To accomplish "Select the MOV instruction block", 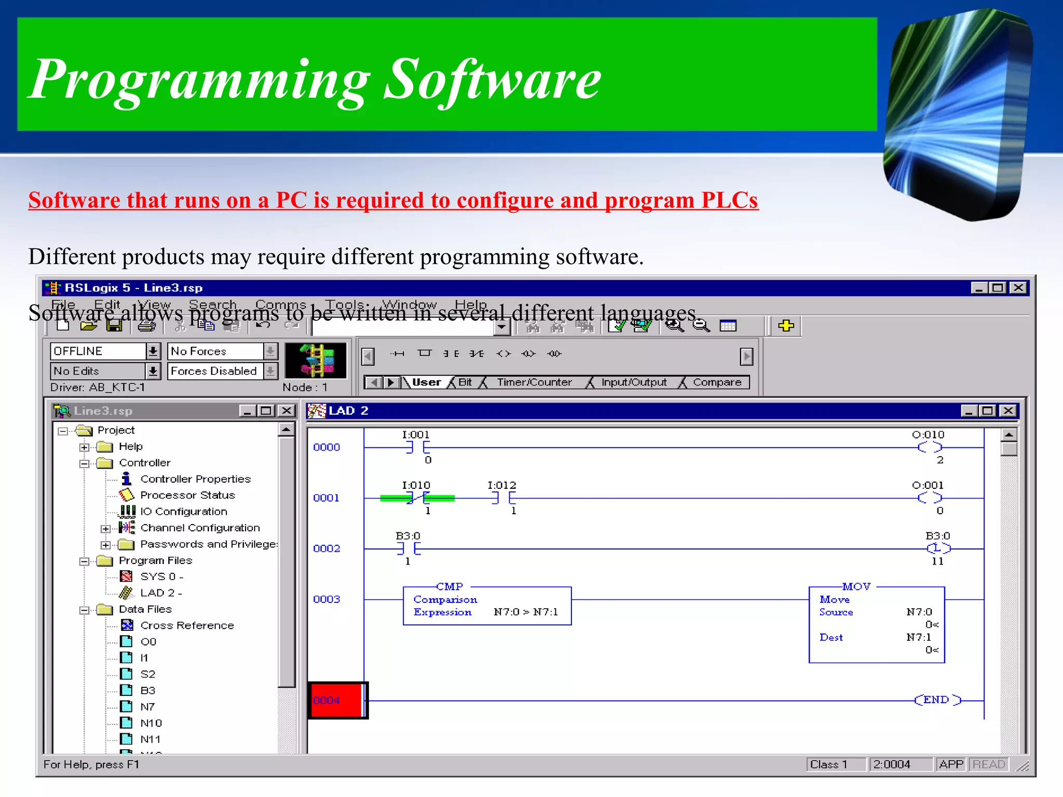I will pos(877,625).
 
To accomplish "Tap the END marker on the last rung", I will pos(937,700).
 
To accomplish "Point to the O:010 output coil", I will pos(929,447).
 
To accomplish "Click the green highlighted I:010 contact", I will pos(418,498).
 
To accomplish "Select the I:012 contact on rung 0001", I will pos(503,498).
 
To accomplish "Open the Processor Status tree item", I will pos(187,495).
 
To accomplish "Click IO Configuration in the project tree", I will pos(184,512).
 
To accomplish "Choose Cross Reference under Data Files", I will pos(187,625).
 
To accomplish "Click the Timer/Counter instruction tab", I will pos(534,382).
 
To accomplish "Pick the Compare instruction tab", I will pos(717,382).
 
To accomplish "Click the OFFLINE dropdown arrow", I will pos(153,351).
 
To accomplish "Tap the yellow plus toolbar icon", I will pos(786,326).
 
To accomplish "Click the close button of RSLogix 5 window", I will pos(1018,287).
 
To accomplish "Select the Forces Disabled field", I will pos(214,371).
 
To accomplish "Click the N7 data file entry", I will pos(147,707).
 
